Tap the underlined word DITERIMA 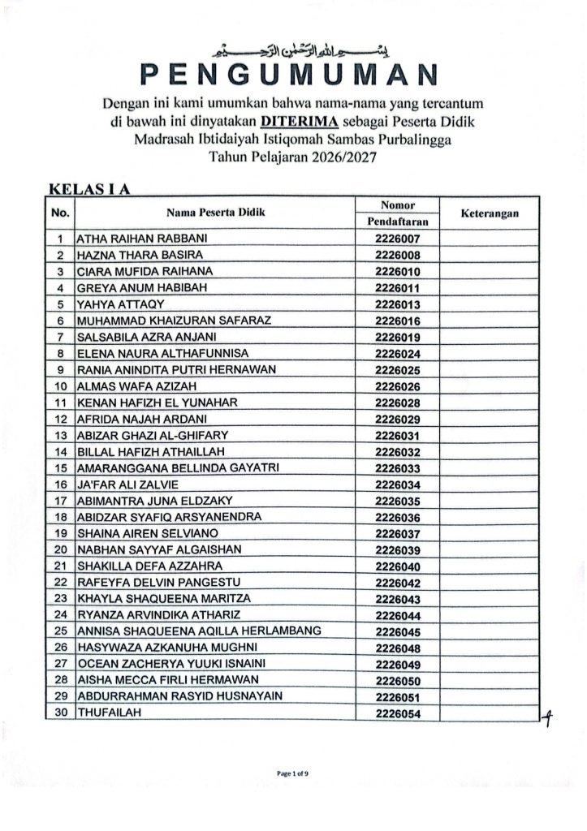tap(305, 122)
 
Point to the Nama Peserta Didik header tap(215, 213)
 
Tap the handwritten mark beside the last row tap(548, 716)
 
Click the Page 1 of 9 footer tap(292, 773)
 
